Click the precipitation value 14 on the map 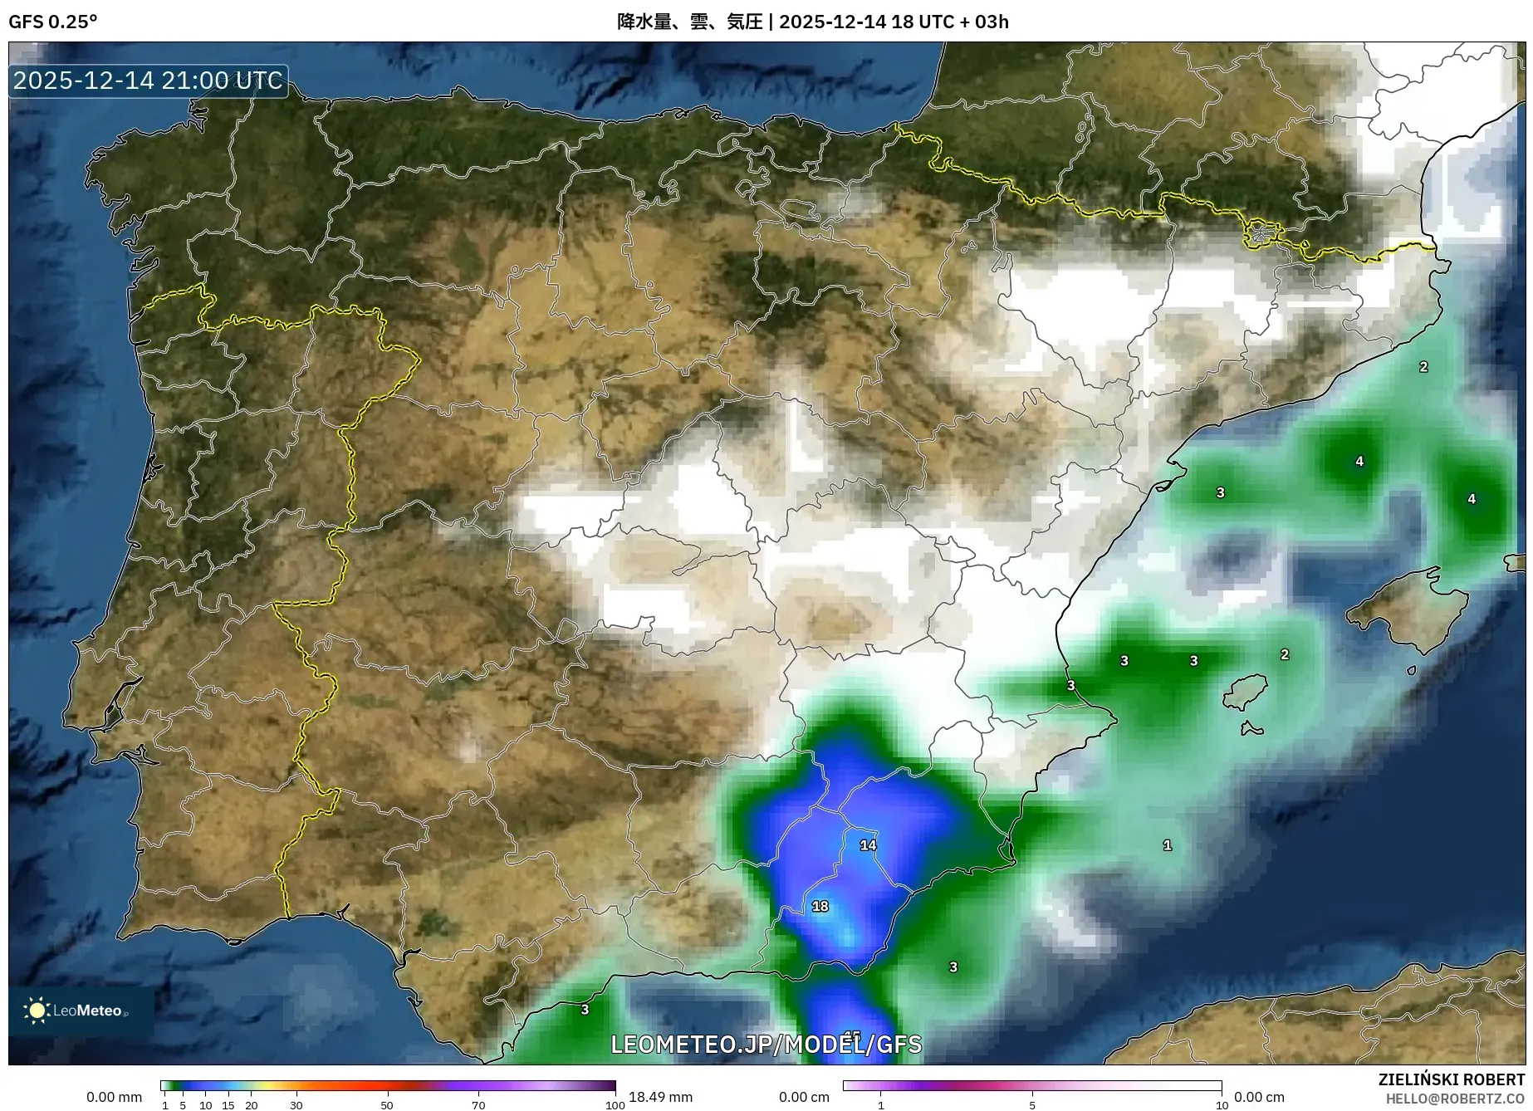click(868, 845)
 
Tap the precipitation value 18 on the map click(820, 907)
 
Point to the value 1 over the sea click(1168, 845)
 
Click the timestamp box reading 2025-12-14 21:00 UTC click(149, 81)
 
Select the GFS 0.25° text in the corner click(52, 22)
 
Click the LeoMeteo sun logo click(37, 1011)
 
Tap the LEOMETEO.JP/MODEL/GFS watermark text click(766, 1045)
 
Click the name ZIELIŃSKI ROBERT click(1451, 1080)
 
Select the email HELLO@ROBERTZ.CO click(1455, 1099)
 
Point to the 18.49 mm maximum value click(660, 1097)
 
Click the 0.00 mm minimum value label click(114, 1097)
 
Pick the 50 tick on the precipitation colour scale click(387, 1104)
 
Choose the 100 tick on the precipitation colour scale click(615, 1104)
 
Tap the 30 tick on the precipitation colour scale click(296, 1104)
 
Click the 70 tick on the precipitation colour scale click(478, 1104)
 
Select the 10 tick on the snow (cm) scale click(1222, 1104)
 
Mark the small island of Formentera click(1251, 730)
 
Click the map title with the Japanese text click(812, 22)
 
